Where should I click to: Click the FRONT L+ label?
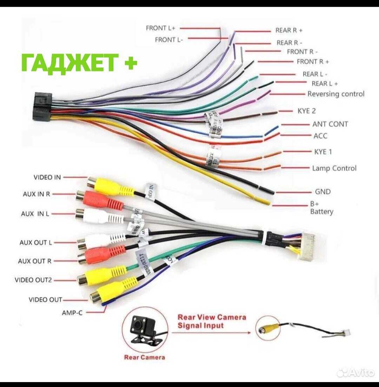click(x=160, y=28)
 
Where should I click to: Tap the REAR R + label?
click(x=289, y=30)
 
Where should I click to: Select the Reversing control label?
click(x=336, y=94)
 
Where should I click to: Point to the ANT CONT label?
click(x=330, y=124)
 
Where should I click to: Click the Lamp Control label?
click(x=334, y=168)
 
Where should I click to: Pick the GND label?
click(x=323, y=192)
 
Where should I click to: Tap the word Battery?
click(x=321, y=212)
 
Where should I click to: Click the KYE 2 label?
click(x=306, y=111)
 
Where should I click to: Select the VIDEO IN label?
click(x=47, y=177)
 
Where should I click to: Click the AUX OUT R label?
click(x=34, y=261)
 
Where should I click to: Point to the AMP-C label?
click(x=72, y=312)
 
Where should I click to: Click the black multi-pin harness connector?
click(x=42, y=107)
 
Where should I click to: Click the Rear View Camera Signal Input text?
click(x=212, y=321)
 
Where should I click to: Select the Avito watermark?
click(x=355, y=373)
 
